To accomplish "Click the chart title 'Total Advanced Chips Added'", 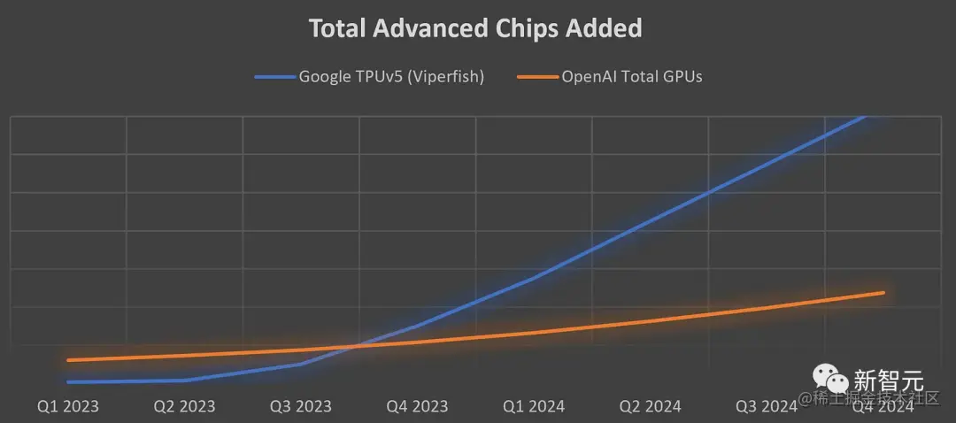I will (475, 28).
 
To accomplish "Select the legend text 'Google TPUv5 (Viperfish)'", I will (391, 76).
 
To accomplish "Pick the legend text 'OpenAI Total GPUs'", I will (632, 76).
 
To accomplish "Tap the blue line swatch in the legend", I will (274, 77).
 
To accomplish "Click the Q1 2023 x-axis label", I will (67, 406).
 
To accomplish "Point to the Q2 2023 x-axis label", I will (184, 406).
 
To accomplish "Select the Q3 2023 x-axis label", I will (301, 406).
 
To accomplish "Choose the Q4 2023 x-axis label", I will (417, 406).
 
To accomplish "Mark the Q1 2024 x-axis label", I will (534, 406).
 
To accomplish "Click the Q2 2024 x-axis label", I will (651, 406).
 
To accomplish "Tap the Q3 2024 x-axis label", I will (767, 406).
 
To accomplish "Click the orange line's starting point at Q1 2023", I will (68, 360).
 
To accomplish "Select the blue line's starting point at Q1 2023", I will (68, 382).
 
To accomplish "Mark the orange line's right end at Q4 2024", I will (883, 292).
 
